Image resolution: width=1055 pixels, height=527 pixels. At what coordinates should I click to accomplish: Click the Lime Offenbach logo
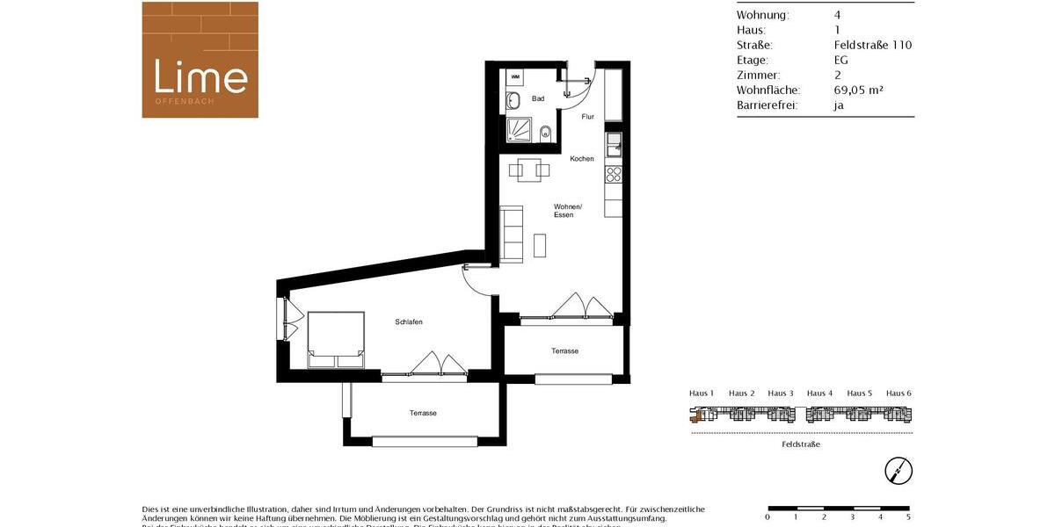pyautogui.click(x=200, y=60)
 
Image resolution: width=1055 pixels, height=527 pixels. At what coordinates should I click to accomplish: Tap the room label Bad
pyautogui.click(x=538, y=99)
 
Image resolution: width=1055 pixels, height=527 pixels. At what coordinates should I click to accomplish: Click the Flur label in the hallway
pyautogui.click(x=588, y=117)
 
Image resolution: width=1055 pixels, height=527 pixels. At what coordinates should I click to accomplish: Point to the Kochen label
pyautogui.click(x=582, y=159)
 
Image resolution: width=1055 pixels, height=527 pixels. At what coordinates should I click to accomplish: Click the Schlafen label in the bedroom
pyautogui.click(x=409, y=322)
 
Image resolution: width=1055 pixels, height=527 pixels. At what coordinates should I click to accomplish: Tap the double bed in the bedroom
pyautogui.click(x=336, y=339)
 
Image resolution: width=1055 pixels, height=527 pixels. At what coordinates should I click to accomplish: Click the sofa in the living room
pyautogui.click(x=511, y=234)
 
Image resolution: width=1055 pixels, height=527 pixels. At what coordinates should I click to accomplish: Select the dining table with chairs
pyautogui.click(x=529, y=170)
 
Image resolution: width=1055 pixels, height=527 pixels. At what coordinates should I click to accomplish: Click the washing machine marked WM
pyautogui.click(x=515, y=77)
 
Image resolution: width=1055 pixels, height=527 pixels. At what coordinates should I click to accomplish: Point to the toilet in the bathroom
pyautogui.click(x=545, y=134)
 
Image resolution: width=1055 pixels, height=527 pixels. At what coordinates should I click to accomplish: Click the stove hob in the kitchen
pyautogui.click(x=614, y=174)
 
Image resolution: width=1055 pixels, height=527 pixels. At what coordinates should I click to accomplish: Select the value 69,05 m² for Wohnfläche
pyautogui.click(x=858, y=90)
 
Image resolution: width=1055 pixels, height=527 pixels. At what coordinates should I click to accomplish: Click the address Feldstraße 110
pyautogui.click(x=872, y=45)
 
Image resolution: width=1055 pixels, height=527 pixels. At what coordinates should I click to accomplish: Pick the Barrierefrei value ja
pyautogui.click(x=839, y=105)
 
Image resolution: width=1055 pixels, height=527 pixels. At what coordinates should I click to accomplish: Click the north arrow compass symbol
pyautogui.click(x=899, y=471)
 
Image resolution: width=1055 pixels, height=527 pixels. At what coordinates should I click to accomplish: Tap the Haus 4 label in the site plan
pyautogui.click(x=819, y=393)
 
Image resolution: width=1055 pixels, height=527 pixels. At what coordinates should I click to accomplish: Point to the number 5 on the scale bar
pyautogui.click(x=908, y=517)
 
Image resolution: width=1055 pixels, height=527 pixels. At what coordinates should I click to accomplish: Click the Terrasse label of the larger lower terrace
pyautogui.click(x=423, y=413)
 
